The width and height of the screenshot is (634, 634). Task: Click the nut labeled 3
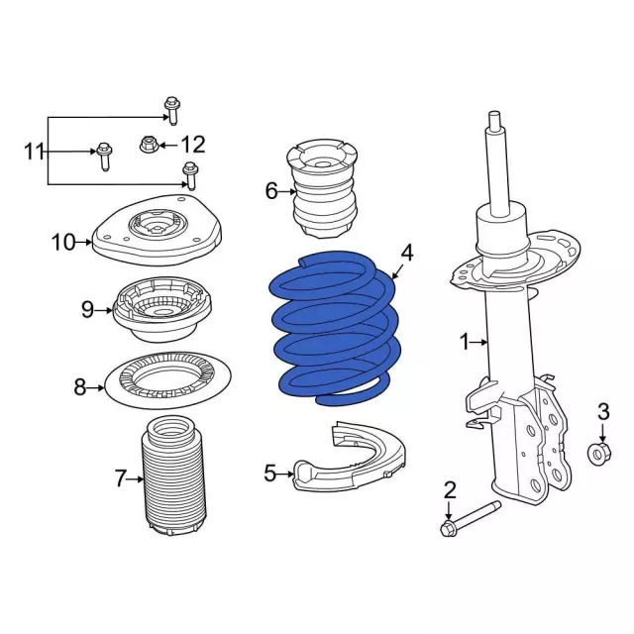click(x=599, y=454)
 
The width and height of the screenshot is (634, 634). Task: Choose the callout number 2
click(x=449, y=488)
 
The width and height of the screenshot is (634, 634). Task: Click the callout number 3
click(x=602, y=411)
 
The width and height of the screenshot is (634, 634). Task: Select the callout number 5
click(x=270, y=474)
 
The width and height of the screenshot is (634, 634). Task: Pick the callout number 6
click(x=271, y=190)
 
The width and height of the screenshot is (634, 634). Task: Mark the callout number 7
click(x=121, y=479)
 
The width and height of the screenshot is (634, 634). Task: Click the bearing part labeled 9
click(x=160, y=307)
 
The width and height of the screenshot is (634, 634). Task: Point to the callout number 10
click(x=63, y=241)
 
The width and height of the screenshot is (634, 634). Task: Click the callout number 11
click(x=35, y=152)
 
